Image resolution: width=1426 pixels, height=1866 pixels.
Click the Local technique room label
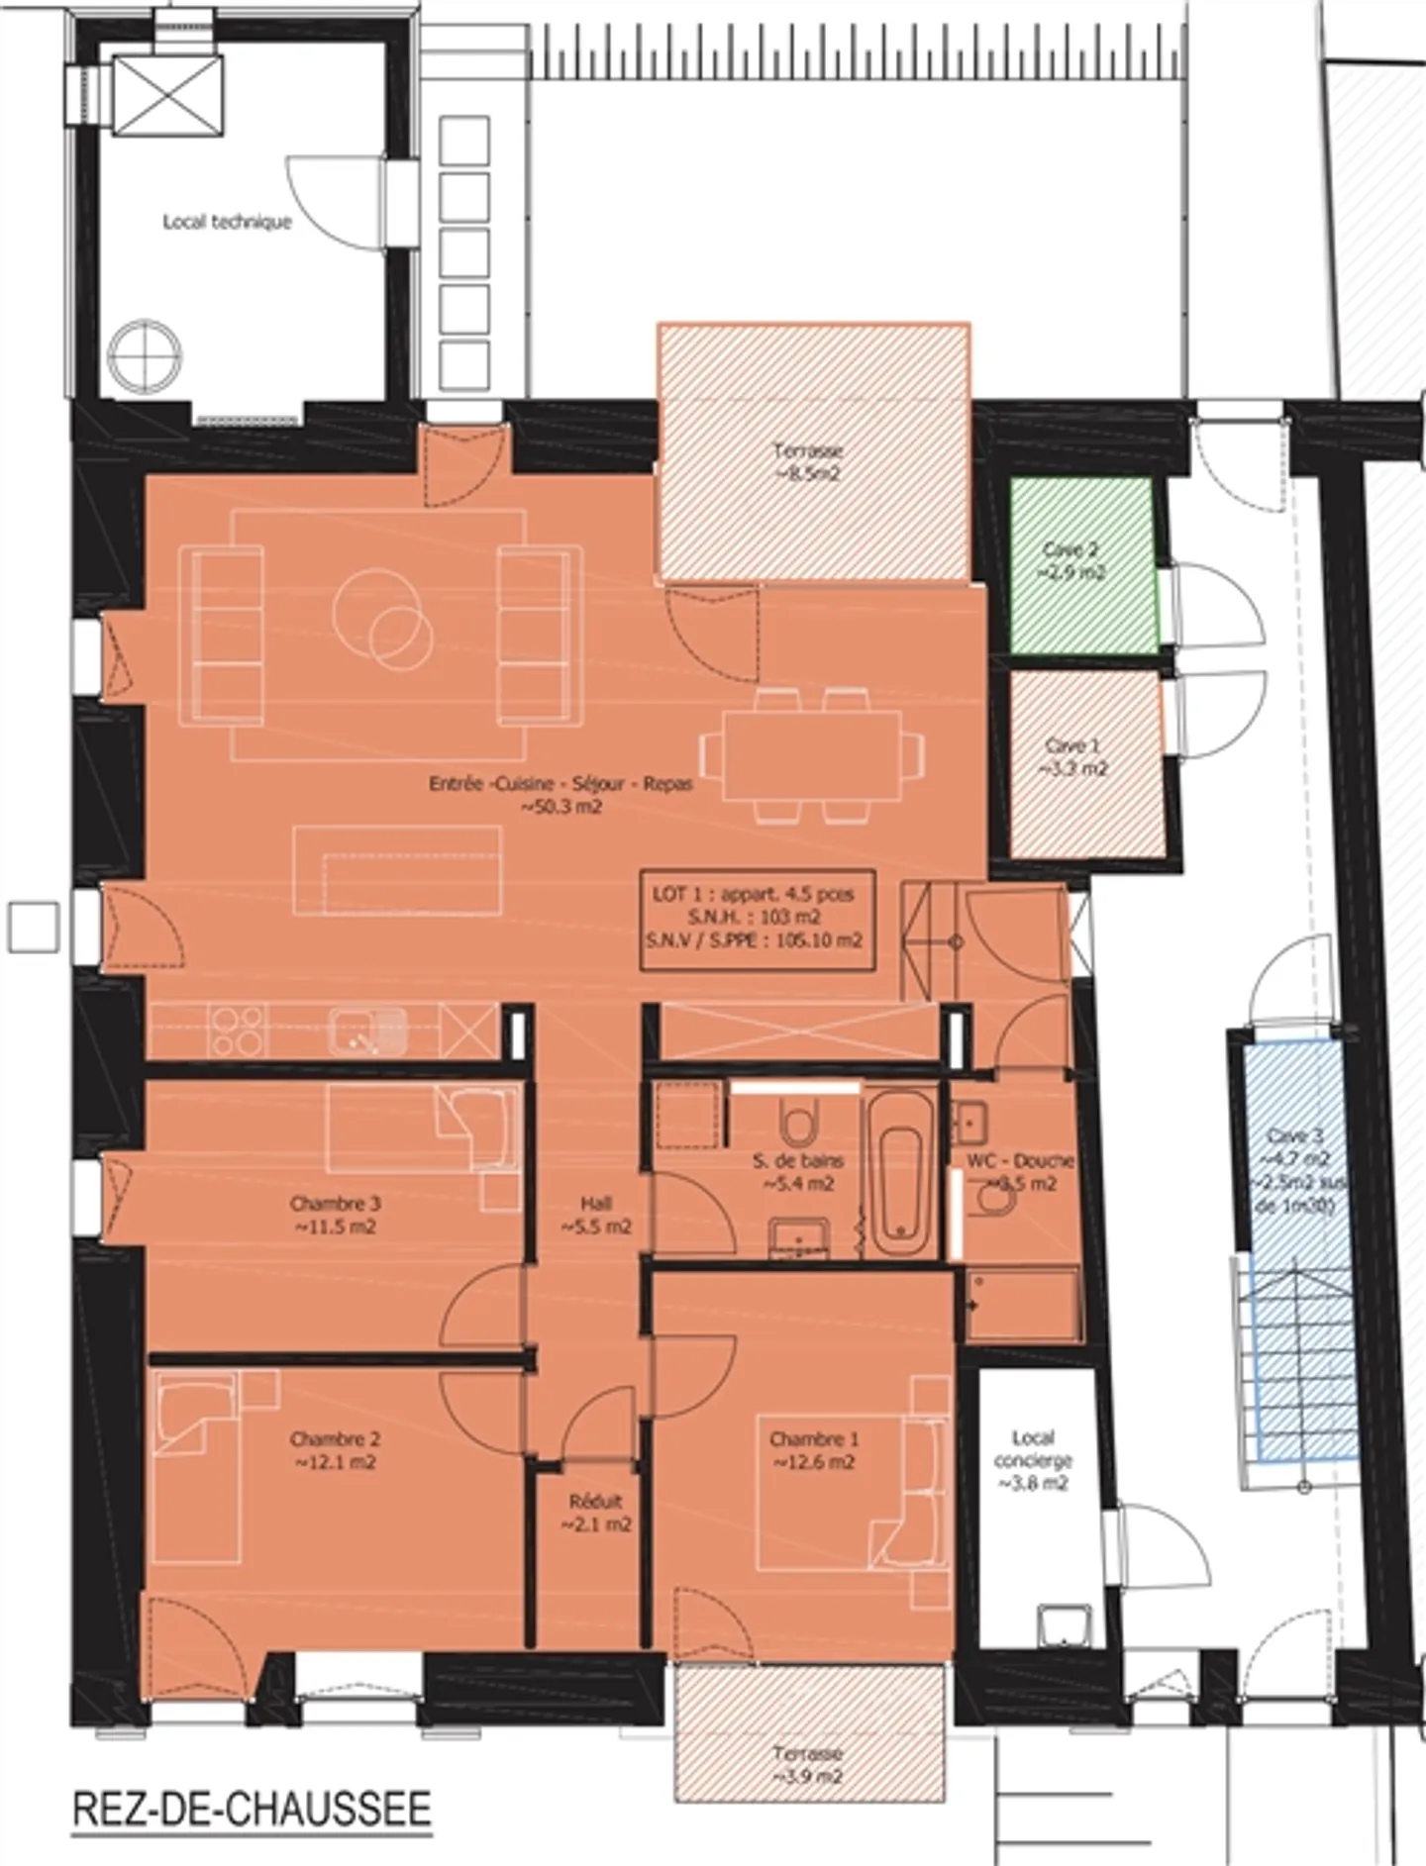tap(227, 222)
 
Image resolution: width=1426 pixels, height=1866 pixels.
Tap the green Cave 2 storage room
tap(1083, 564)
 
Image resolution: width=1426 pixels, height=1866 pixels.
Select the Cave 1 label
tap(1075, 757)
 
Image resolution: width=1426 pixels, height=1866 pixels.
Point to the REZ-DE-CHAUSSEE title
tap(252, 1809)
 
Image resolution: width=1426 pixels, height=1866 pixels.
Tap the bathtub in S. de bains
tap(900, 1173)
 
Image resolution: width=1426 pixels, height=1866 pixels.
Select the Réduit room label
tap(595, 1513)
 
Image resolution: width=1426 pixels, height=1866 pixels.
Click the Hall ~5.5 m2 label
tap(595, 1215)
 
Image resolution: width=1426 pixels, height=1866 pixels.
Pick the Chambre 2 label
tap(335, 1450)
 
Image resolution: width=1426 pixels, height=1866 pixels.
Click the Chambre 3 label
tap(335, 1215)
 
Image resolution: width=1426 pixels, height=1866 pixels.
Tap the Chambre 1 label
tap(813, 1450)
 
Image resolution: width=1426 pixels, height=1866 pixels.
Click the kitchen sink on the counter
tap(368, 1030)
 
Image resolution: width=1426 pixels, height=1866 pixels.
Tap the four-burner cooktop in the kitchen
tap(238, 1030)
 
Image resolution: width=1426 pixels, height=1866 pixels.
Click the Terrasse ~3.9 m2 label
tap(807, 1764)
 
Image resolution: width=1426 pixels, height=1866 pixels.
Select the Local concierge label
tap(1032, 1459)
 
